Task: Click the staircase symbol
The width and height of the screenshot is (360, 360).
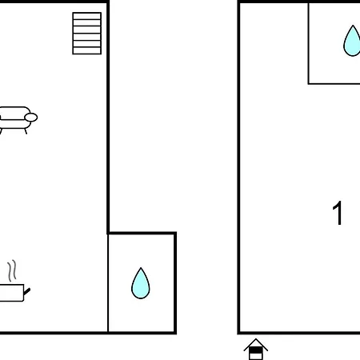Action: pos(87,34)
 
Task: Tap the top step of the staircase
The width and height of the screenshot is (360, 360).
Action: pos(87,16)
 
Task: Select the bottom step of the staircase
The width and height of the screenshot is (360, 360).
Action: pos(87,50)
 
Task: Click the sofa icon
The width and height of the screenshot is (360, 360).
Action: pos(18,120)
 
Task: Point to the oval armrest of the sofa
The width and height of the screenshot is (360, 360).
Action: pos(31,118)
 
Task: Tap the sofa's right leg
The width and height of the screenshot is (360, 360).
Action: pos(26,131)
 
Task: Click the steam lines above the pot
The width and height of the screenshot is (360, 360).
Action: pos(12,270)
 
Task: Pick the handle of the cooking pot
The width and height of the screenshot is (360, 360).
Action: pos(27,291)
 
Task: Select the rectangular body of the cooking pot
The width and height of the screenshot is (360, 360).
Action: pos(12,293)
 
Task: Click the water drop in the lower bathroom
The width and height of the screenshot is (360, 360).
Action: pos(141,283)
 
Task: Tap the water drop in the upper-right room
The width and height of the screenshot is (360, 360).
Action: pos(352,41)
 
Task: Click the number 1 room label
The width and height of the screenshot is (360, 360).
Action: pos(338,213)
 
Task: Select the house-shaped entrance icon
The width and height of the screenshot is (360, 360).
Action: pos(256,349)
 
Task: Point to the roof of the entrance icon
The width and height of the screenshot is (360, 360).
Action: pos(256,344)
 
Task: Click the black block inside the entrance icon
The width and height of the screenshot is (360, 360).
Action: pos(256,350)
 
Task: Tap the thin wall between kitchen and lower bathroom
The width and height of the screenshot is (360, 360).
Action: pos(108,283)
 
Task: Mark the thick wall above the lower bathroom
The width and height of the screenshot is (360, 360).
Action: pos(142,234)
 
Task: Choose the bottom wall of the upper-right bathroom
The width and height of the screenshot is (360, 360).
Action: pos(334,84)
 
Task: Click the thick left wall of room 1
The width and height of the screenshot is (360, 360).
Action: pos(238,167)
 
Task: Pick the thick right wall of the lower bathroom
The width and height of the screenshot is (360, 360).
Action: pos(175,283)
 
